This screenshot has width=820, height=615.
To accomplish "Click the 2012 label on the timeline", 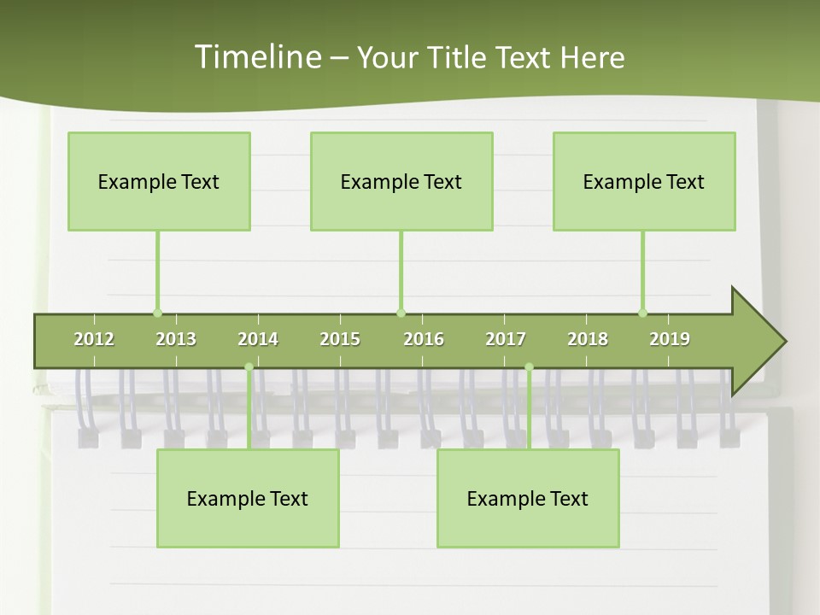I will [94, 340].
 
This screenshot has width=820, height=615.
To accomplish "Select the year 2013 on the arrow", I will [176, 340].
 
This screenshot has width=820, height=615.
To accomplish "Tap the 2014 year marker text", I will [258, 340].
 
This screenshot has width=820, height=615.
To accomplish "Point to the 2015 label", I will [340, 340].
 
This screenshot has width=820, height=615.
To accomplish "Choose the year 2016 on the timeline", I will [424, 340].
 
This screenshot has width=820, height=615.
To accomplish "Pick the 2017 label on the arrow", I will [506, 340].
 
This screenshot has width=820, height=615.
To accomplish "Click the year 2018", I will [588, 340].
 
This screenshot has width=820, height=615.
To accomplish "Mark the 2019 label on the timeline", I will [670, 340].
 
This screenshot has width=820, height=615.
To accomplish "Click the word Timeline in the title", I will [256, 57].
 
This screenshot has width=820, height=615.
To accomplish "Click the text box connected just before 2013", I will [159, 181].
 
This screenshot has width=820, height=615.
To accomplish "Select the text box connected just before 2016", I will [401, 181].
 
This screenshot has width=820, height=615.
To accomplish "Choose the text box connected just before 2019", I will [644, 181].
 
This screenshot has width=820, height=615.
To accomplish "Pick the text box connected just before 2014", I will [248, 498].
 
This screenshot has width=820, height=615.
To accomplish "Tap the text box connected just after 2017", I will [528, 498].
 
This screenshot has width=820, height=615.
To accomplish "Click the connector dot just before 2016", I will [401, 313].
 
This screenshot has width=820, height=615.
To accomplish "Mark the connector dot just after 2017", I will [529, 367].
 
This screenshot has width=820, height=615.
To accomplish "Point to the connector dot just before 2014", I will [249, 367].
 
